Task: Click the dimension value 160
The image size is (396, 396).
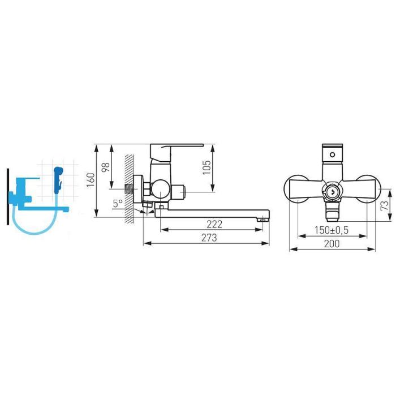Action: (x=91, y=180)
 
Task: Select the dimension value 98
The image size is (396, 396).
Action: (x=106, y=167)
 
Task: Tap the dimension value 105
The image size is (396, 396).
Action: (x=206, y=167)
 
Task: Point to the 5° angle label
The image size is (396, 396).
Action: (x=118, y=203)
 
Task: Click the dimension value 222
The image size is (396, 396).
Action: (x=214, y=224)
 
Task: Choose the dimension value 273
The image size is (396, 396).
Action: (x=209, y=238)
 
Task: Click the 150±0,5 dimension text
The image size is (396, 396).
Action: (x=332, y=230)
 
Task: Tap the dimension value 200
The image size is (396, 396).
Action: (x=332, y=244)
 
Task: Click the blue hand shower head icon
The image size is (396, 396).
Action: (x=58, y=180)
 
